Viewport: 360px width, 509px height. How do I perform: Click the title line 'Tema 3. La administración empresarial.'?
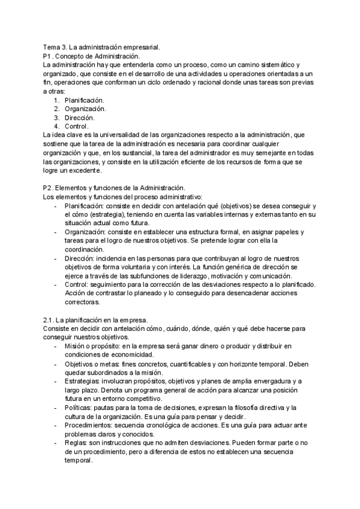[x=100, y=47]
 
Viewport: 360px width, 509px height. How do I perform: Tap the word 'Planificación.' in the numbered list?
[x=85, y=100]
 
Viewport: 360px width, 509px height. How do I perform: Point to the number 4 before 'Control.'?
[x=56, y=126]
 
